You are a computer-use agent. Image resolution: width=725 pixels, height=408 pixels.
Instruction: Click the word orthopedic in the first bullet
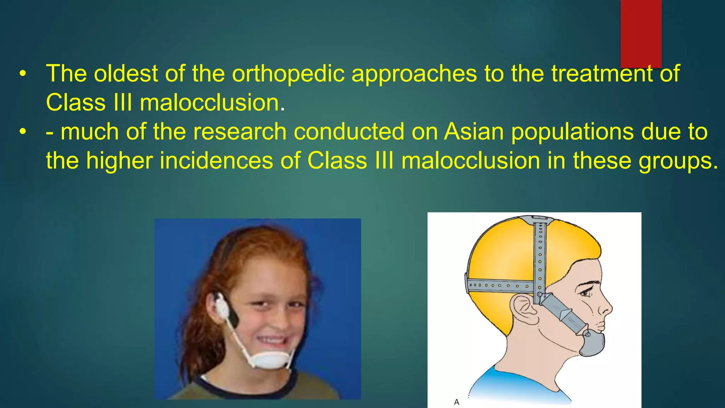pyautogui.click(x=288, y=74)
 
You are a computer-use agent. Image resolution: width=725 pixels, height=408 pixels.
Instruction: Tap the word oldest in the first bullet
pyautogui.click(x=126, y=74)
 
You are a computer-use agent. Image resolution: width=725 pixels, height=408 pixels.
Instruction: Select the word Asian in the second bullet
pyautogui.click(x=474, y=132)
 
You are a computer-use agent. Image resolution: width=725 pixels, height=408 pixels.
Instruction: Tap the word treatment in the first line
pyautogui.click(x=601, y=74)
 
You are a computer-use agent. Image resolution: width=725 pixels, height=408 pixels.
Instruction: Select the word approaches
pyautogui.click(x=414, y=74)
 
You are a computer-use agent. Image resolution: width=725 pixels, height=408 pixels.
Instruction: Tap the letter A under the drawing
pyautogui.click(x=457, y=402)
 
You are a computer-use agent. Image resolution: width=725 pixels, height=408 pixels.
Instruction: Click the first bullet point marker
pyautogui.click(x=23, y=74)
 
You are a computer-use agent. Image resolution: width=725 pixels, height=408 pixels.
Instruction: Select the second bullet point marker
pyautogui.click(x=23, y=132)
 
